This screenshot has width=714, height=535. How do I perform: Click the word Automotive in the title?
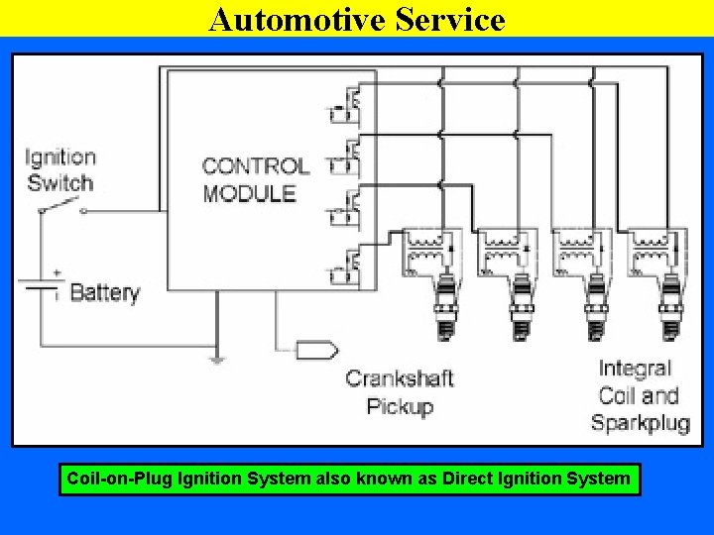(289, 18)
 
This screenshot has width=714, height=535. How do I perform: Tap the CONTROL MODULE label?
(255, 179)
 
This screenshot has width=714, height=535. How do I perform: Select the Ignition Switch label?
(60, 169)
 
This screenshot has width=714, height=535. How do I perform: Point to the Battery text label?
(104, 292)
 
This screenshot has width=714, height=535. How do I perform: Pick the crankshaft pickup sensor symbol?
(316, 350)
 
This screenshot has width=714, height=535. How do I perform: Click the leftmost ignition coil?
(428, 253)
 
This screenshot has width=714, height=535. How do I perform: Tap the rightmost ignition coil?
(655, 253)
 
